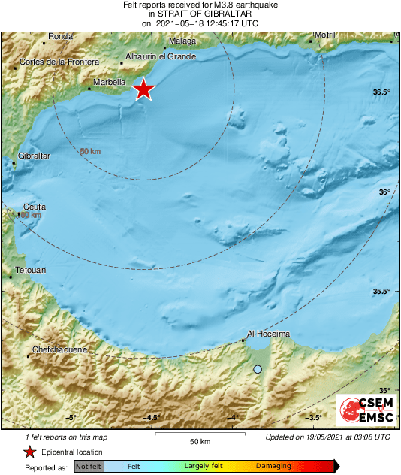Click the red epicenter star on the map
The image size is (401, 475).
point(143,90)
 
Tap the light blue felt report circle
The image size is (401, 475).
point(258,369)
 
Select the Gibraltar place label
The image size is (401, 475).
point(34,156)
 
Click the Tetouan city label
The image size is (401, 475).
point(30,269)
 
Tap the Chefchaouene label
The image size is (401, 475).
point(61,349)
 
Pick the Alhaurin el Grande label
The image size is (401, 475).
point(161,56)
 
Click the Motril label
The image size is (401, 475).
point(324,35)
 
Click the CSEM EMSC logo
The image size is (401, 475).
point(363,411)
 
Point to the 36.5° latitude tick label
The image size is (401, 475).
point(381,92)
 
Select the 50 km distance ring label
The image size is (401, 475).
point(90,152)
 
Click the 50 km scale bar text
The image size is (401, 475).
point(199,440)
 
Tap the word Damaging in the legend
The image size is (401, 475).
point(273,466)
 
